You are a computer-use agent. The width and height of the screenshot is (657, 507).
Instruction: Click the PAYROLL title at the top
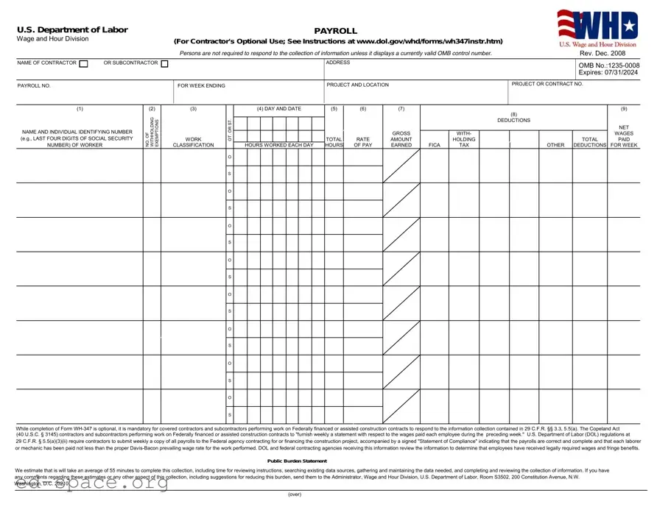(335, 31)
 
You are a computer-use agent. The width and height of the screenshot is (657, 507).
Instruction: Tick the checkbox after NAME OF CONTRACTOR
(83, 63)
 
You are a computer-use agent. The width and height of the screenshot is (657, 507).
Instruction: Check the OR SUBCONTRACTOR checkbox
(164, 63)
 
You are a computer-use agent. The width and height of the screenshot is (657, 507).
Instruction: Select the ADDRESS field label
(338, 63)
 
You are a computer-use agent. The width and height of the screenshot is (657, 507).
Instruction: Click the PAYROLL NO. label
(34, 85)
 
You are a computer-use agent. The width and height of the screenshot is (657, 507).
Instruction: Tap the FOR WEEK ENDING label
(201, 85)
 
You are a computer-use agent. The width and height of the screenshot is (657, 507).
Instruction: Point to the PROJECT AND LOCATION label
(357, 85)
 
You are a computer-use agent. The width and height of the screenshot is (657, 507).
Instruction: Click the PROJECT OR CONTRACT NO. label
(547, 84)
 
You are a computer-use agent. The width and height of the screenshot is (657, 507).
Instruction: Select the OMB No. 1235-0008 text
(609, 65)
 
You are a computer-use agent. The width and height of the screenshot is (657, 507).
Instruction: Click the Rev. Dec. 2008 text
(602, 53)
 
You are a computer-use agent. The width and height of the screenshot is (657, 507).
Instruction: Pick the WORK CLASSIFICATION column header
(193, 142)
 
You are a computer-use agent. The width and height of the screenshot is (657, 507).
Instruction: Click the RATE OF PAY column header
(363, 142)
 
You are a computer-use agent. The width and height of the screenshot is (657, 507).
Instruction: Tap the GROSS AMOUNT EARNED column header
(401, 139)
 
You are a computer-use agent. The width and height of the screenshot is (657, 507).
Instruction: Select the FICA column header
(434, 145)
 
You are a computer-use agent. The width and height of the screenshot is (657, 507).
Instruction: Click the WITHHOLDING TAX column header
(464, 139)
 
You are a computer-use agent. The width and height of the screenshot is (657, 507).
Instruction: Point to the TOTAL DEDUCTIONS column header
(590, 142)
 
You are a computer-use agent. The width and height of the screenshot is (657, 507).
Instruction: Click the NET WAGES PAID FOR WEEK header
(624, 136)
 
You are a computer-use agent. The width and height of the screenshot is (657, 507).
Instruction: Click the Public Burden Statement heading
(297, 461)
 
